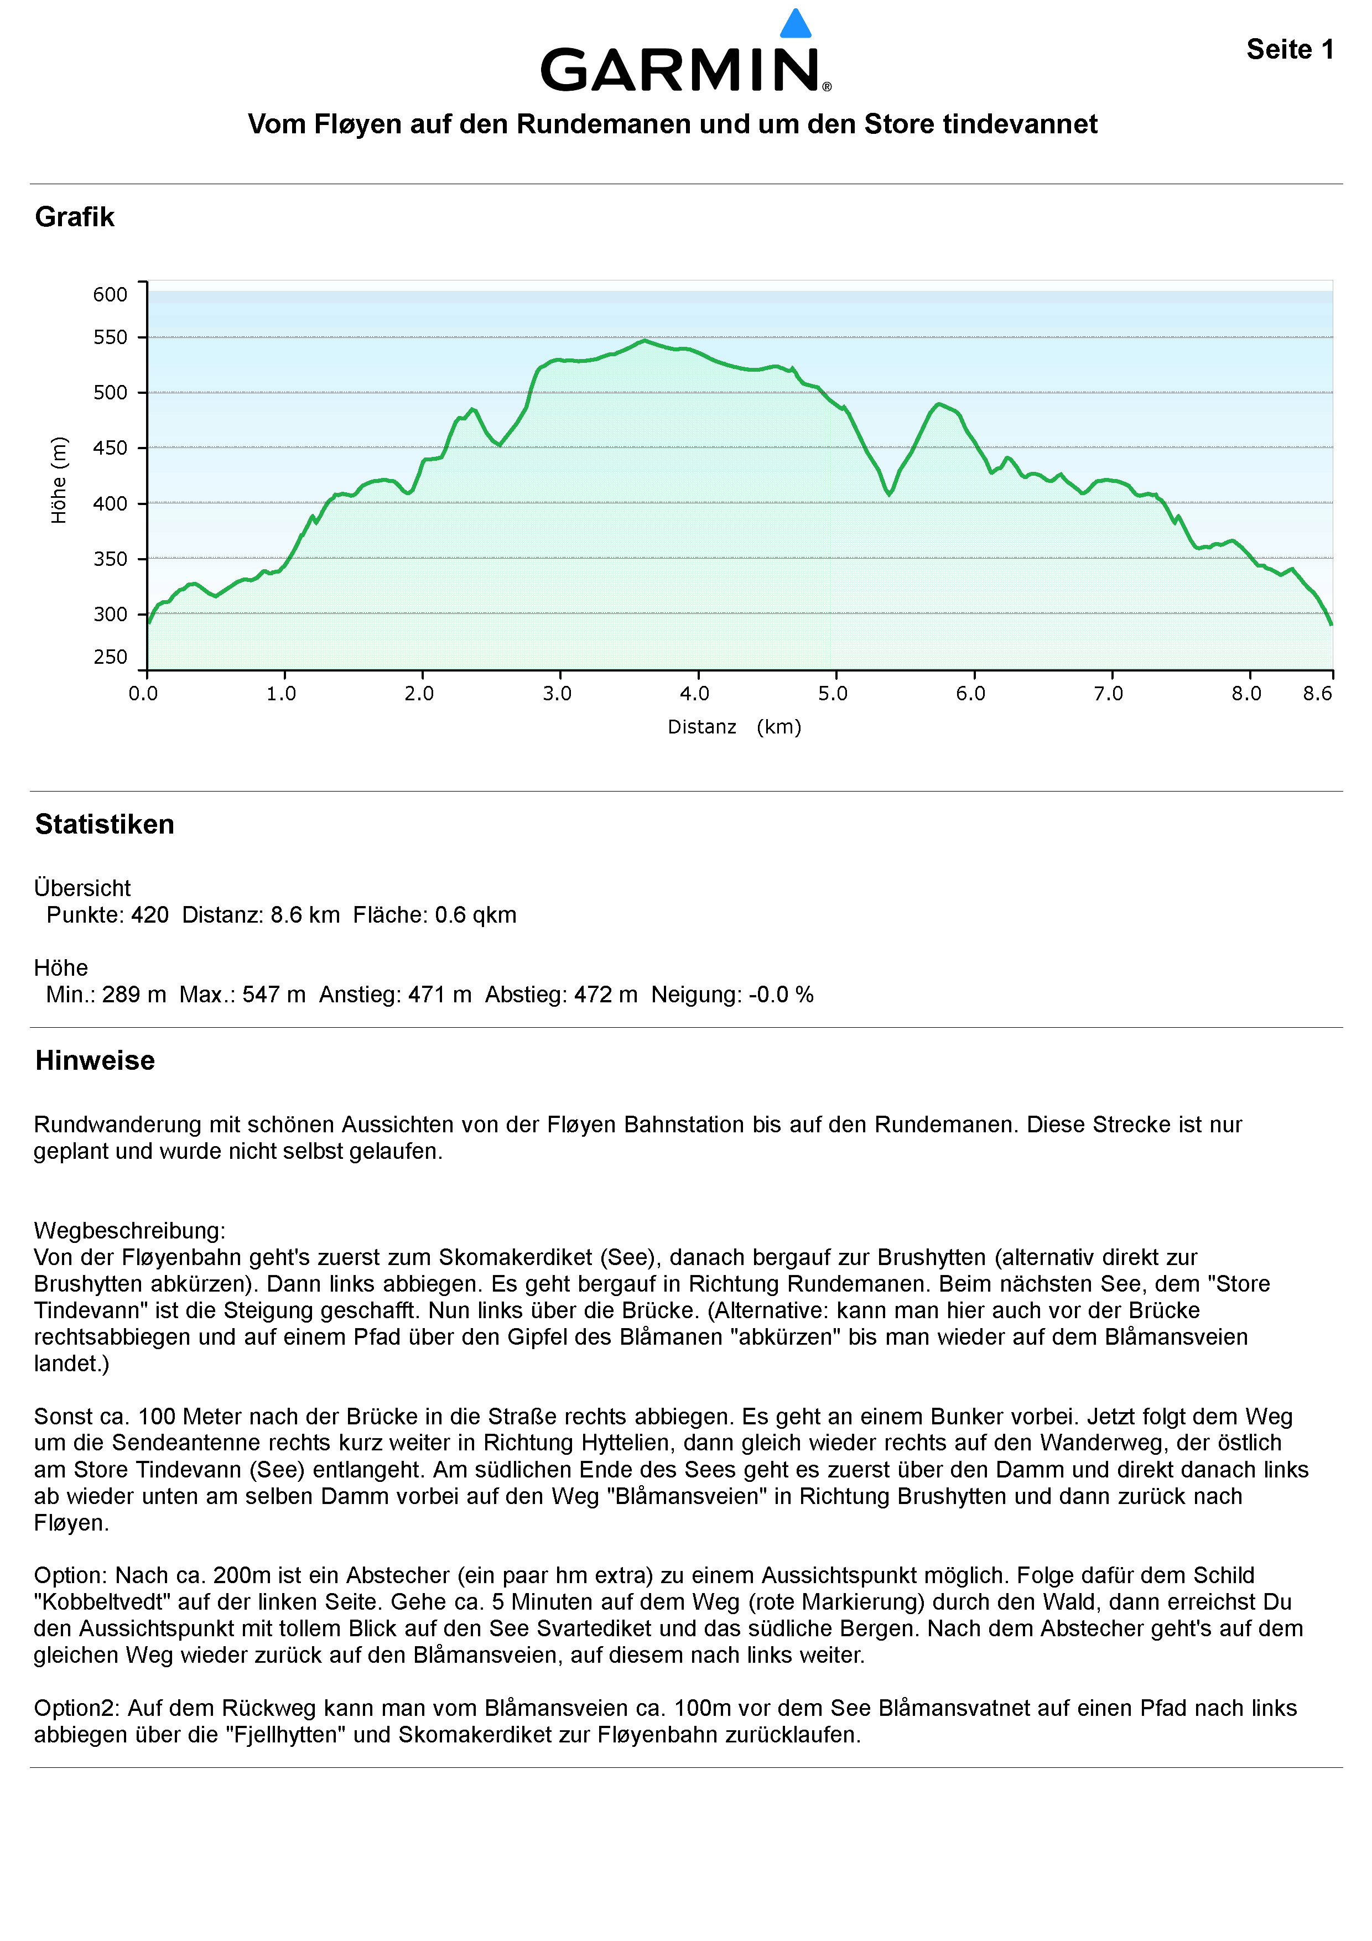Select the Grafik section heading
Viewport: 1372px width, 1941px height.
point(74,217)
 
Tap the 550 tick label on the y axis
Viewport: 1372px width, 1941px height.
point(110,337)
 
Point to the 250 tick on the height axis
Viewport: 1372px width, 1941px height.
point(110,657)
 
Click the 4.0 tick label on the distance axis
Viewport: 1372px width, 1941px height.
point(695,694)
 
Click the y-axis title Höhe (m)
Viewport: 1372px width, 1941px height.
point(58,480)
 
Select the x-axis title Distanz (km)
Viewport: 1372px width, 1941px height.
point(734,727)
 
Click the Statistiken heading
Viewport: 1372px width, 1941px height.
point(105,824)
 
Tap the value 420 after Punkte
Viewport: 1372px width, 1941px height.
point(149,915)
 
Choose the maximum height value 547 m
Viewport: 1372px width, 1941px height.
point(274,994)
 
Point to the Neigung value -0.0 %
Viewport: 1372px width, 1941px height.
point(780,994)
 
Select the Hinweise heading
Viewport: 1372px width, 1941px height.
point(95,1060)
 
